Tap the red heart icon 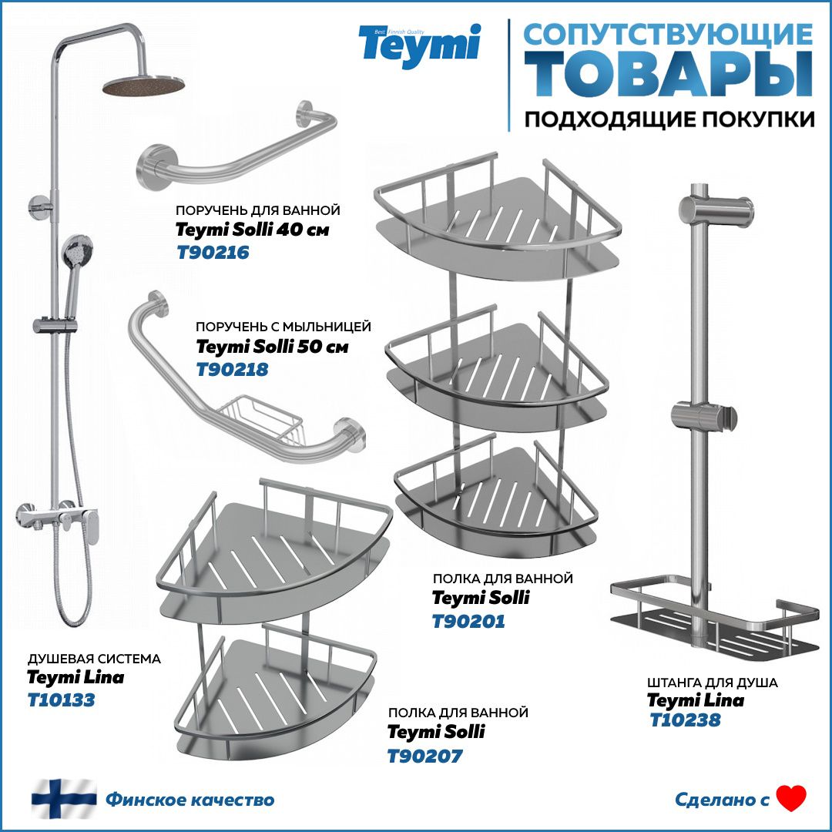[790, 799]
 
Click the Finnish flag [64, 799]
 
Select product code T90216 [213, 252]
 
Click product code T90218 [233, 370]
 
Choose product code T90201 [468, 621]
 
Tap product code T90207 [424, 756]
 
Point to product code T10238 [685, 720]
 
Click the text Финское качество [190, 800]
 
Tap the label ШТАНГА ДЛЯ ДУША [712, 683]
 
